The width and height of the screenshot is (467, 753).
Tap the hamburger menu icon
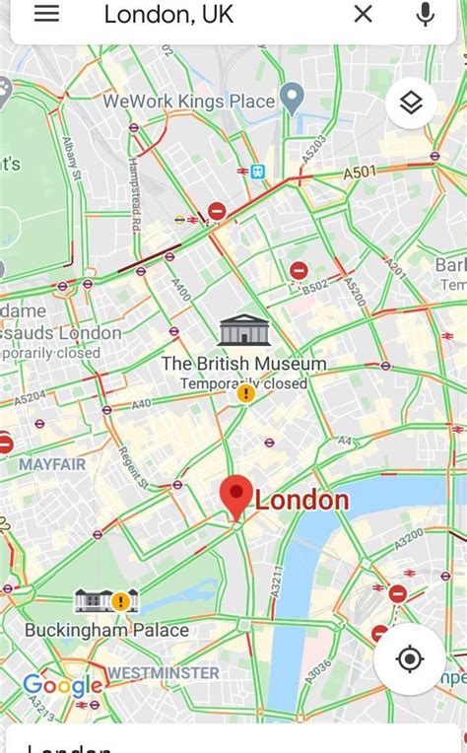[x=46, y=13]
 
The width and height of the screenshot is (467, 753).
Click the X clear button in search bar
[x=363, y=14]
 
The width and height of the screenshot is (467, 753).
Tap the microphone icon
[x=426, y=14]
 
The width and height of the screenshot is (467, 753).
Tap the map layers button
[x=411, y=103]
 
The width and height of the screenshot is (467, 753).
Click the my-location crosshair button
[x=411, y=658]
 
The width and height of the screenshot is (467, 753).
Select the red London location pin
[x=236, y=496]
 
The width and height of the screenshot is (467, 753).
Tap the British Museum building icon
[x=243, y=330]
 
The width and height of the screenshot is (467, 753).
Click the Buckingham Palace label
[x=106, y=630]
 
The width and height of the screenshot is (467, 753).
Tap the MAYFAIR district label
[x=52, y=463]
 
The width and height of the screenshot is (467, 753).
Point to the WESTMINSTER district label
[x=163, y=672]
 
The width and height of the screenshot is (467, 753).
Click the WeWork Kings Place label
[x=189, y=101]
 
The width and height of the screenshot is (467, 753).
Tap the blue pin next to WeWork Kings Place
[x=292, y=97]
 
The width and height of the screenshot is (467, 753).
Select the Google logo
[x=62, y=685]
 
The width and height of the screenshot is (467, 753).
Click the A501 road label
[x=360, y=172]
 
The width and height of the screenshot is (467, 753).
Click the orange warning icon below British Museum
[x=245, y=393]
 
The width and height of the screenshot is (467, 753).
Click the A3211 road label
[x=277, y=582]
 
